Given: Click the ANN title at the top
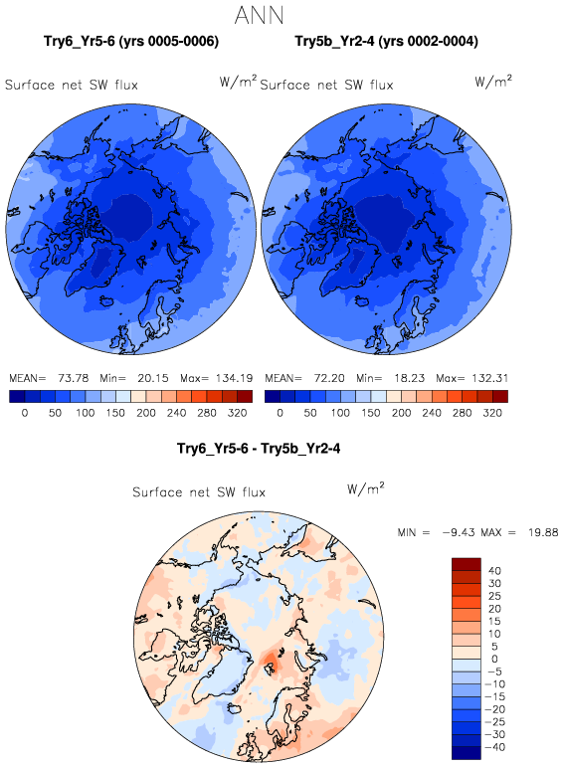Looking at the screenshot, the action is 259,16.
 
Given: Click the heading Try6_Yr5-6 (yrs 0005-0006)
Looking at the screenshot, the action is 131,41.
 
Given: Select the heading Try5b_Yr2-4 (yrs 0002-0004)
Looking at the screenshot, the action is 386,41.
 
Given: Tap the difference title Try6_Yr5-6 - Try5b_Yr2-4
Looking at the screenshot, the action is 259,448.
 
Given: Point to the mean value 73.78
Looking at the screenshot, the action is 73,378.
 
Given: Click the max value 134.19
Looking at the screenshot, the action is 234,378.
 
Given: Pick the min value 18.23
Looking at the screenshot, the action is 409,378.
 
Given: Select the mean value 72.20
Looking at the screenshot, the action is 329,378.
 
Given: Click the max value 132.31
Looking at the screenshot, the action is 490,378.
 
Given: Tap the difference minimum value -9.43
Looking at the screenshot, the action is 459,532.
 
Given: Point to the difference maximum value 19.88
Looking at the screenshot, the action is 543,532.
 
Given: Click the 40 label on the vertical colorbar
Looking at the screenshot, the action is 494,571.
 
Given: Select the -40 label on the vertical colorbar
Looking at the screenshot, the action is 494,747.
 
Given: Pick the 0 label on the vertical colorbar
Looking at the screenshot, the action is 494,659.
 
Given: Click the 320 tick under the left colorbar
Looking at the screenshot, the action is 238,413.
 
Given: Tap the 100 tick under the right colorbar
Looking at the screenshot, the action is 340,413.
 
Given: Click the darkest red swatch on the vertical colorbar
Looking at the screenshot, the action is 467,564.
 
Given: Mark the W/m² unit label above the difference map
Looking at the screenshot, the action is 366,488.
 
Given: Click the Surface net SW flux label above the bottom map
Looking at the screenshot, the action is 199,491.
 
